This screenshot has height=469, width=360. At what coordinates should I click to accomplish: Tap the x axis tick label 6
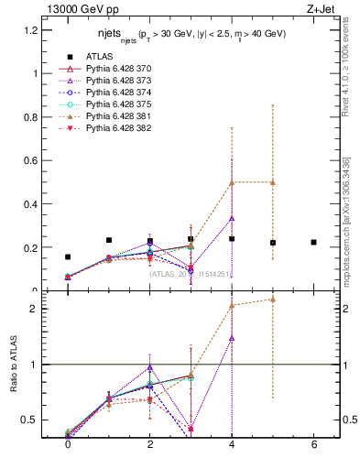coord(314,445)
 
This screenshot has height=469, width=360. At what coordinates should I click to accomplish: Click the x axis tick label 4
coord(232,445)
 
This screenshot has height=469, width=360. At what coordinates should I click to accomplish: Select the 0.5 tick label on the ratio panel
coord(31,420)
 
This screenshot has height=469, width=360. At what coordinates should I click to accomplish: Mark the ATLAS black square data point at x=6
coord(314,243)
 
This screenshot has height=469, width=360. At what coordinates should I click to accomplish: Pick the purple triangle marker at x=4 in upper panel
coord(232,218)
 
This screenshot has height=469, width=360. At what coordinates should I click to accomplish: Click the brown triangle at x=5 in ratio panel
coord(273,299)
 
